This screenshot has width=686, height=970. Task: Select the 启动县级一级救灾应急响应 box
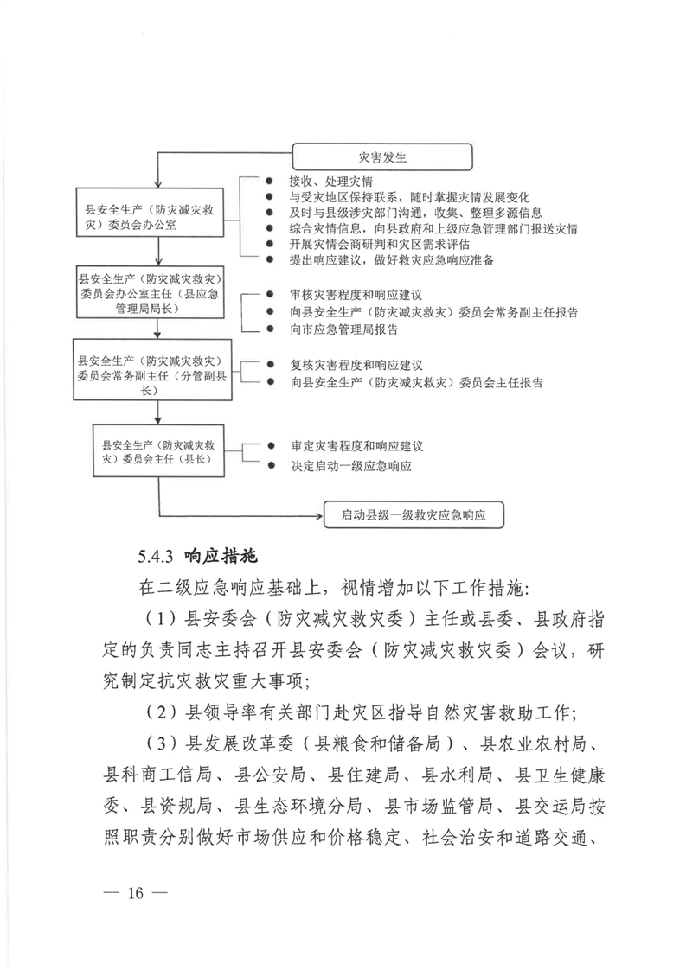(x=413, y=515)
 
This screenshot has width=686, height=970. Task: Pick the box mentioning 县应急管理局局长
(x=152, y=294)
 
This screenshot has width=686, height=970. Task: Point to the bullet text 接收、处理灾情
(x=332, y=182)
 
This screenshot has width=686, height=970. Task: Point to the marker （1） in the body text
(x=162, y=618)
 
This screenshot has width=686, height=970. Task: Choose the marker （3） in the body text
(x=162, y=745)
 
